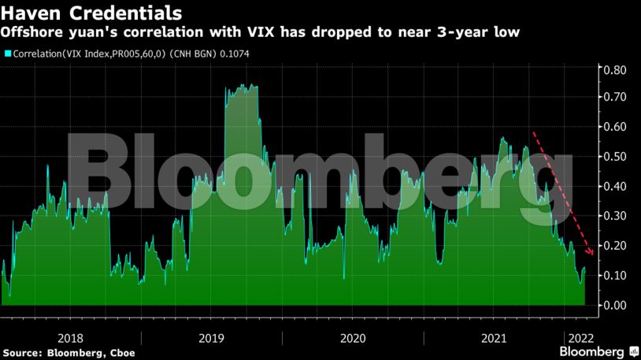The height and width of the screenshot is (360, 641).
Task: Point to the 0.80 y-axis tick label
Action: pos(614,69)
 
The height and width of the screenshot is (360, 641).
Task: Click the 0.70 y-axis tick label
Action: pos(614,97)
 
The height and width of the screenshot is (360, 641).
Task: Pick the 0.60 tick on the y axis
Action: pos(614,127)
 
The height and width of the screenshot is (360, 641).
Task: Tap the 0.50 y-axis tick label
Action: pos(614,156)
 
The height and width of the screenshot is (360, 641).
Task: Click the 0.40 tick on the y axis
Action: pos(614,186)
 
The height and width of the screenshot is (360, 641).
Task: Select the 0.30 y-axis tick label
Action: pos(614,215)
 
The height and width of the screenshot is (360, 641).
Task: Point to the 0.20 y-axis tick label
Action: pos(614,245)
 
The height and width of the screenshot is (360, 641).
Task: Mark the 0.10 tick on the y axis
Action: pos(614,275)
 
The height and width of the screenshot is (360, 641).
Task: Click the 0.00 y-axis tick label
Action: pos(614,305)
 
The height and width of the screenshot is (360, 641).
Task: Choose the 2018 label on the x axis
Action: pos(72,338)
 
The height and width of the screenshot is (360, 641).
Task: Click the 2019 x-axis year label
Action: pos(213,338)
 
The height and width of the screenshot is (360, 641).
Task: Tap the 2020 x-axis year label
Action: pos(354,338)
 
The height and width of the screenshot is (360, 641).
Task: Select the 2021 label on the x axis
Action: pos(494,338)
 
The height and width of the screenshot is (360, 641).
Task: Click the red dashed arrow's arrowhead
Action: pos(591,253)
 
